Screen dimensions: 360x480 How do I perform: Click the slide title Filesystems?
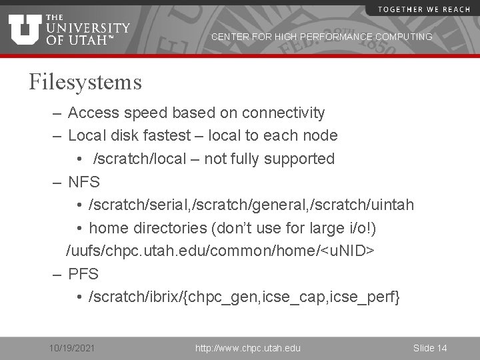[x=85, y=82]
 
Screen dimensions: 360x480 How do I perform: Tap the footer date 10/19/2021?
[x=72, y=348]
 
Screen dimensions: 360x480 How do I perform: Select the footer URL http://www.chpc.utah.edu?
[x=247, y=348]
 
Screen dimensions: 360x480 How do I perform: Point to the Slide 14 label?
[x=430, y=348]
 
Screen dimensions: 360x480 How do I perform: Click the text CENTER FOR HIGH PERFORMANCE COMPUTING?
[x=321, y=37]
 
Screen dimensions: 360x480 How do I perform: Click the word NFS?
[x=83, y=182]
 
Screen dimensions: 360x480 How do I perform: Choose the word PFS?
[x=83, y=273]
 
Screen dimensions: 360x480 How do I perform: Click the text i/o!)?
[x=361, y=228]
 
